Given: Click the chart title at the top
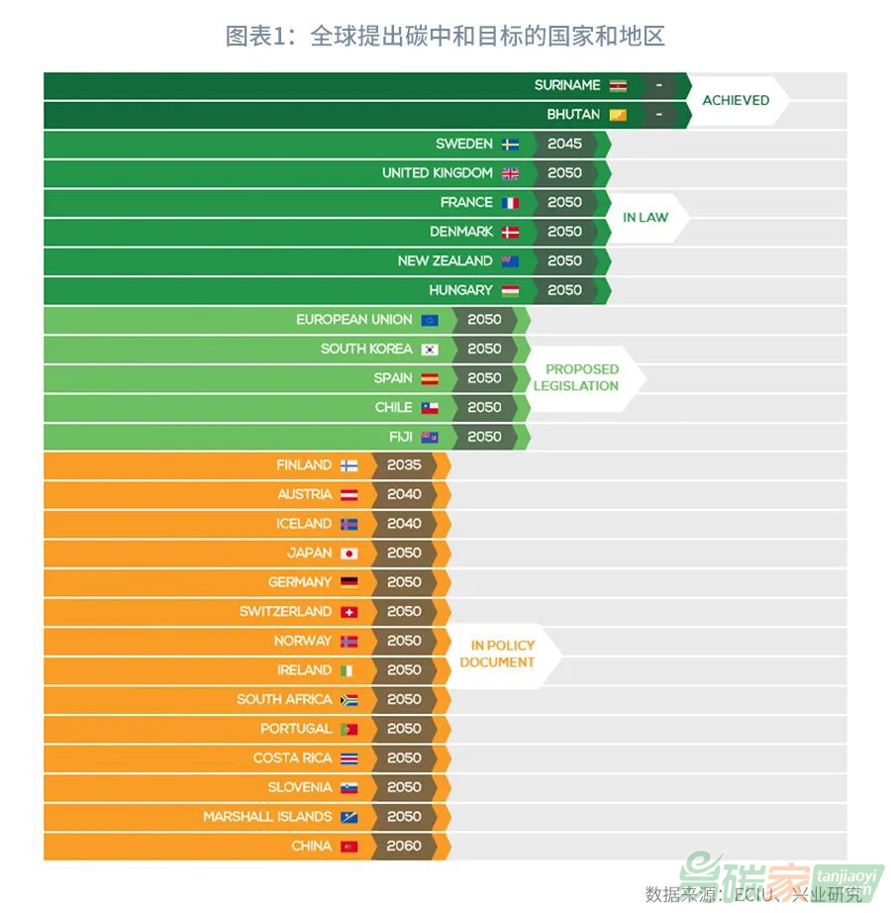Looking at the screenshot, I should [445, 37].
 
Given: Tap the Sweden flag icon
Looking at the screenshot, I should [510, 145].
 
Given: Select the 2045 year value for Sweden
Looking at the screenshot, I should [564, 144].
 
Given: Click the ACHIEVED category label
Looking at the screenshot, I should [736, 100].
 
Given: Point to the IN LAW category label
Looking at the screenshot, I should [645, 217].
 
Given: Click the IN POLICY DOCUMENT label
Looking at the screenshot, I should [497, 654].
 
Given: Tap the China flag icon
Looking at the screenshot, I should [348, 847].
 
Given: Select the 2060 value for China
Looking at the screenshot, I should [404, 846].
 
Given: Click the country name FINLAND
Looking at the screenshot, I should [304, 465].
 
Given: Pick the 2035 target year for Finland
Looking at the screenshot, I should [404, 464].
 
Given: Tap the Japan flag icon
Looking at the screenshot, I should [348, 554].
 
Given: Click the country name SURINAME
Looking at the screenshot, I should [567, 85].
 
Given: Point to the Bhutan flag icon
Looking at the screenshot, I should [618, 115].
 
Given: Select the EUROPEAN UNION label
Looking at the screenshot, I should [354, 320].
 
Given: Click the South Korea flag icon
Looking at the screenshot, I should [430, 350].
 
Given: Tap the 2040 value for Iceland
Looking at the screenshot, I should [404, 523].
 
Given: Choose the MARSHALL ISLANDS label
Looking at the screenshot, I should [267, 817].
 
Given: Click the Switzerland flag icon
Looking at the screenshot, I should [348, 612].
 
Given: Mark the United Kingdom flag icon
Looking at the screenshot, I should [510, 173].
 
